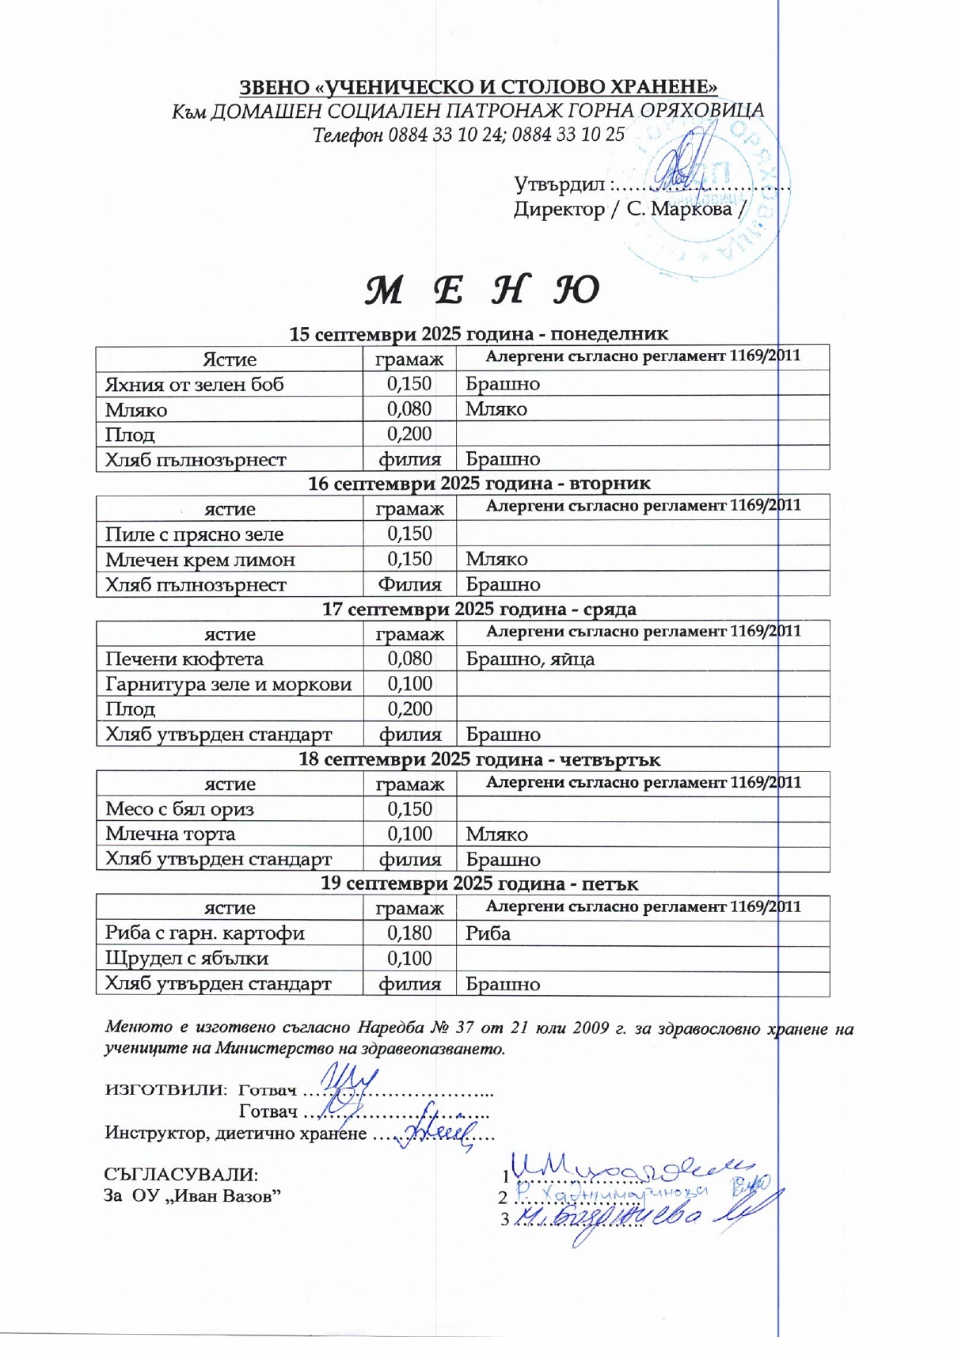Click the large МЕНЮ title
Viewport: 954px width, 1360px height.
pyautogui.click(x=481, y=291)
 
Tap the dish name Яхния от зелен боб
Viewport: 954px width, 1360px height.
pyautogui.click(x=194, y=385)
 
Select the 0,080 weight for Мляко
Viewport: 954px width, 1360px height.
pyautogui.click(x=409, y=409)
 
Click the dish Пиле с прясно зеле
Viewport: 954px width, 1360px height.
pyautogui.click(x=194, y=534)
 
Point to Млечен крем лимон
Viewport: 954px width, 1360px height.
pyautogui.click(x=200, y=560)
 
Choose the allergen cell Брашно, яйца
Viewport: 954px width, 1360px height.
pyautogui.click(x=530, y=659)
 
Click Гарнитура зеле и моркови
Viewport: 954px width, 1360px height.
pyautogui.click(x=228, y=684)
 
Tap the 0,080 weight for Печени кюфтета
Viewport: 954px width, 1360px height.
pyautogui.click(x=409, y=659)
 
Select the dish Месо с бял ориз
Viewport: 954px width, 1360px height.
pyautogui.click(x=179, y=809)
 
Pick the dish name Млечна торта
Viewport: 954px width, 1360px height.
pyautogui.click(x=170, y=834)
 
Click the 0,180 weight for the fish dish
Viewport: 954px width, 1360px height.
pyautogui.click(x=409, y=933)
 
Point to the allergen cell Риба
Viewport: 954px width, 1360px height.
pyautogui.click(x=488, y=933)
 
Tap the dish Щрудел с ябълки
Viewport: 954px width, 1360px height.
pyautogui.click(x=187, y=959)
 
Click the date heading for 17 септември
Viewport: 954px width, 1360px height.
pyautogui.click(x=479, y=610)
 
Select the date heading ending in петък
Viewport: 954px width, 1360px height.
pyautogui.click(x=479, y=883)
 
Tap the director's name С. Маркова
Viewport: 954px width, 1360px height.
pyautogui.click(x=679, y=209)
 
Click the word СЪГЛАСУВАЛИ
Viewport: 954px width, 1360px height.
pyautogui.click(x=181, y=1174)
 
